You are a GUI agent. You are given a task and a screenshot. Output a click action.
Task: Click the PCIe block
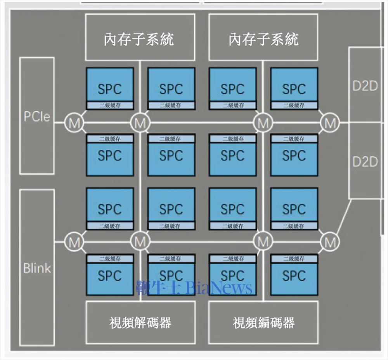click(37, 116)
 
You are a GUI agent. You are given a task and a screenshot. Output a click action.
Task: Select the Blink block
click(37, 268)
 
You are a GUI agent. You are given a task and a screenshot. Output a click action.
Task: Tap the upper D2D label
click(365, 86)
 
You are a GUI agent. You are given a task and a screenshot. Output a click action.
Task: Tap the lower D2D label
click(365, 161)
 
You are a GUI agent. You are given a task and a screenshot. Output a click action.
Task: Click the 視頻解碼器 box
click(140, 322)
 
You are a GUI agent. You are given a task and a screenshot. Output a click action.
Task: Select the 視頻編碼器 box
click(263, 322)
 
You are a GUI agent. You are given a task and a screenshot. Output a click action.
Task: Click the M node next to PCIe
click(74, 123)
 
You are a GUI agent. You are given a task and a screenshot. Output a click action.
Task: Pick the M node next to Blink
click(74, 242)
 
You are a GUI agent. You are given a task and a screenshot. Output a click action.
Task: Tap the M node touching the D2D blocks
click(330, 123)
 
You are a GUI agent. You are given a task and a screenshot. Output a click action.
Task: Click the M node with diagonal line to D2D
click(330, 242)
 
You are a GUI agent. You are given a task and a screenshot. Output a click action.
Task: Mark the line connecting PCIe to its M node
click(59, 123)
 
